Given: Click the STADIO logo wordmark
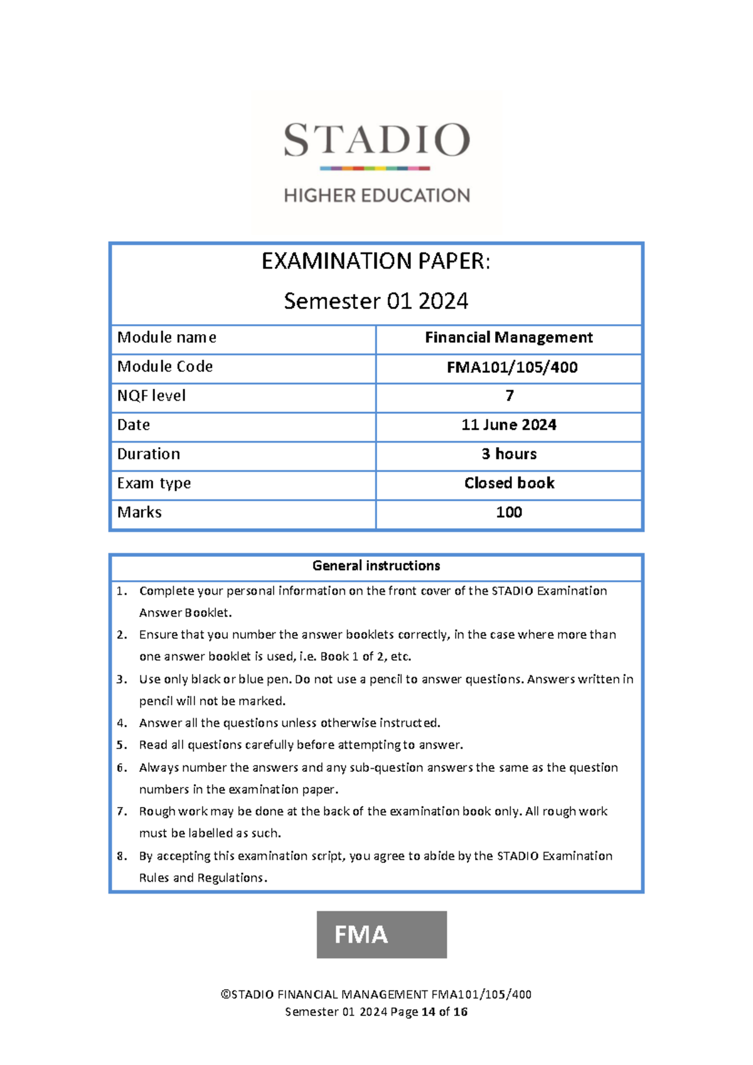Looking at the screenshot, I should pos(376,139).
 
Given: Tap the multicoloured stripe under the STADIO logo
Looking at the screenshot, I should pos(375,168).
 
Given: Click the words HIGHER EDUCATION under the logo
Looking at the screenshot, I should pos(376,195).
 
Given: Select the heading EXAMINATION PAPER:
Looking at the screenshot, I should pos(376,261).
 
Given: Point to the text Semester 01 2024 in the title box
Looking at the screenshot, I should pos(376,301).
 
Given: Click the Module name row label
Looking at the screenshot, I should pos(167,338).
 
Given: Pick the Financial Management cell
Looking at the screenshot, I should pos(509,338).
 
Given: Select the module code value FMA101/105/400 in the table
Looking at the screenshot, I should pos(512,367).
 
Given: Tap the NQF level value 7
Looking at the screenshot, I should pos(510,396).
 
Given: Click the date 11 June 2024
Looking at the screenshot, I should pos(509,425).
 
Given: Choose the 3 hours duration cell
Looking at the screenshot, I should pos(509,454).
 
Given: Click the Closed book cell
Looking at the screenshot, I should pos(509,483).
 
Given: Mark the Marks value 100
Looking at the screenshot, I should pos(509,512).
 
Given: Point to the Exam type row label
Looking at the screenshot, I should pos(154,484).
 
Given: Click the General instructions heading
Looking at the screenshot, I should pos(376,566).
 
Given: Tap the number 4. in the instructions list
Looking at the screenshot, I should pos(122,723).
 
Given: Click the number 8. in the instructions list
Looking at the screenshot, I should pos(122,856).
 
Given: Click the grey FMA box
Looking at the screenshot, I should pos(382,934).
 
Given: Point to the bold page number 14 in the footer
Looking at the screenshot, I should pos(429,1012).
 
